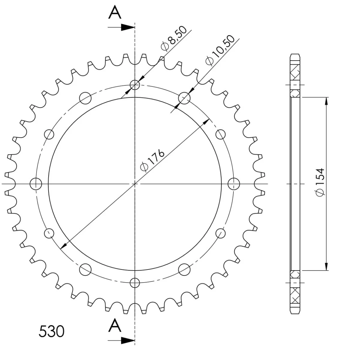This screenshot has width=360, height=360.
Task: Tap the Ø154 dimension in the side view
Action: pos(320,182)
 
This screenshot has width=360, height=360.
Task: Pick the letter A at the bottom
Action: pos(115,325)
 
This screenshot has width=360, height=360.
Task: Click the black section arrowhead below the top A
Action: pos(128,27)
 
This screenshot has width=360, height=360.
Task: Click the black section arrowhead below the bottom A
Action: pos(128,340)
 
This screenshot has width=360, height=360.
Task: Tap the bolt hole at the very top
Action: pos(135,85)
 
